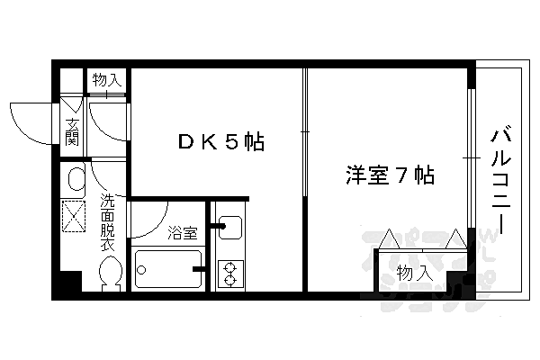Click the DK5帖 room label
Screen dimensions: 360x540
click(219, 141)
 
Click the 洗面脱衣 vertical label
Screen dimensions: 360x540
click(107, 220)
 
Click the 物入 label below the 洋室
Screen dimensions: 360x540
click(413, 271)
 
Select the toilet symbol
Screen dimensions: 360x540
click(110, 271)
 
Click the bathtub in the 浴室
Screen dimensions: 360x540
click(168, 268)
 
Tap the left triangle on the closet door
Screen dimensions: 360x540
click(390, 239)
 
